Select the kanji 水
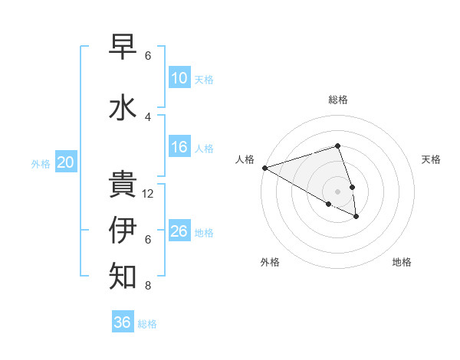[x=123, y=107]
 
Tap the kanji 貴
[x=123, y=185]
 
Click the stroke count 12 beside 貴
[x=148, y=194]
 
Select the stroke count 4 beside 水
[x=148, y=117]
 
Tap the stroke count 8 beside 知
[x=148, y=286]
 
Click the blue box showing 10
[x=179, y=78]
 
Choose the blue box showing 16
[x=179, y=147]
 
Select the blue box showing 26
[x=179, y=231]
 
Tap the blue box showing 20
[x=66, y=162]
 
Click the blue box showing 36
[x=123, y=322]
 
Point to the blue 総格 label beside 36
[x=147, y=324]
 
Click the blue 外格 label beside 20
[x=41, y=164]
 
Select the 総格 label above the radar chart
[x=338, y=100]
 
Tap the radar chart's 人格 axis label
[x=245, y=159]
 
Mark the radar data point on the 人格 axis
[x=264, y=167]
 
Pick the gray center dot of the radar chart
[x=338, y=191]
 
